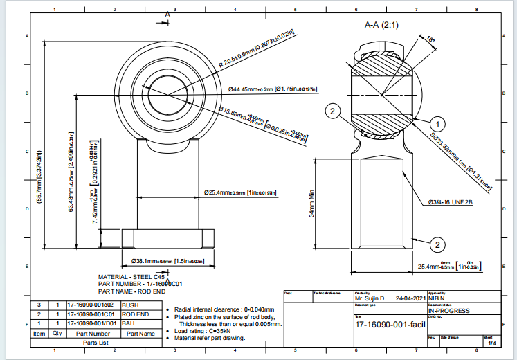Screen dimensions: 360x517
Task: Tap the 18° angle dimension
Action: (x=431, y=39)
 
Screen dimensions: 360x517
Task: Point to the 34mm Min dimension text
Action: (x=312, y=205)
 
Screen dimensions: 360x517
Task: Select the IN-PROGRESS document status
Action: (x=450, y=311)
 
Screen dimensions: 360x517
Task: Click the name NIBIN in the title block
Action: (x=438, y=298)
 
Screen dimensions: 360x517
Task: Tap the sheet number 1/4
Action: (x=492, y=343)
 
